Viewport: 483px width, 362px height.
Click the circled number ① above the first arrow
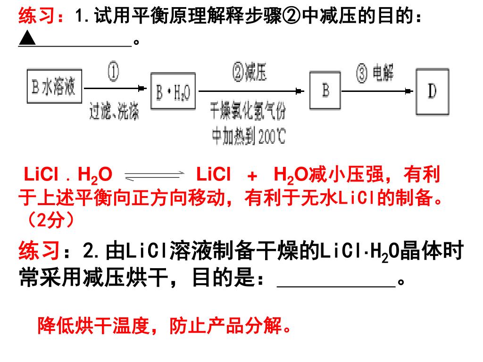[114, 73]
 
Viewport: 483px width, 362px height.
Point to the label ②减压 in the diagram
[249, 73]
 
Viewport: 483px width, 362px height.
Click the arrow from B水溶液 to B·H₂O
[116, 88]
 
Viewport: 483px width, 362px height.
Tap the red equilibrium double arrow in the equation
[153, 176]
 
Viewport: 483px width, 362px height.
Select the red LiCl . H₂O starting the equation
[68, 175]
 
